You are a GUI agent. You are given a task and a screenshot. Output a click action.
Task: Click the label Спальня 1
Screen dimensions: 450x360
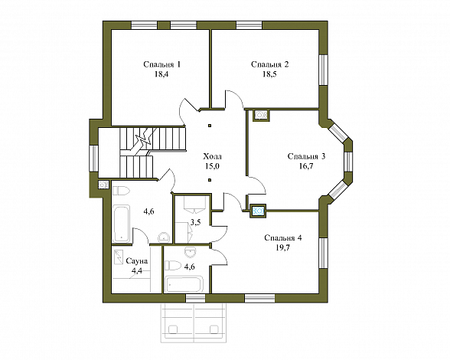click(162, 64)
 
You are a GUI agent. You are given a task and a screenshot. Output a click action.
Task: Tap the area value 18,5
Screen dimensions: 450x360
click(269, 74)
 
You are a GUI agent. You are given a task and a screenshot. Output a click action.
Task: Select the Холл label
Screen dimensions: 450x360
click(213, 156)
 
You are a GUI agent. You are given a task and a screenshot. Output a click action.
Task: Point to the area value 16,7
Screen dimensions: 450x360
click(306, 166)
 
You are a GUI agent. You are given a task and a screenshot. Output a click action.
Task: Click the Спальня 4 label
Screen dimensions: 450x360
click(283, 238)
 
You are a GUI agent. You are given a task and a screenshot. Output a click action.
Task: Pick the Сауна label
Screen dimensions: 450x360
click(137, 261)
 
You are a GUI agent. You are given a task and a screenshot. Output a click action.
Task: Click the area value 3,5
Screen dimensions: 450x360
click(195, 222)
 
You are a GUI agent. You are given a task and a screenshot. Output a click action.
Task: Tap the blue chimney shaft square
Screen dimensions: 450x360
click(259, 211)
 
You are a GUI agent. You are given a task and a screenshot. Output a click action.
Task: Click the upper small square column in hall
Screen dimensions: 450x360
click(210, 126)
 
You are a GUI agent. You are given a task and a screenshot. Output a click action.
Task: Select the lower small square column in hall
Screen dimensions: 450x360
click(210, 180)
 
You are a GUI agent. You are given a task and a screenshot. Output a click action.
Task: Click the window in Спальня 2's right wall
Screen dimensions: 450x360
click(324, 70)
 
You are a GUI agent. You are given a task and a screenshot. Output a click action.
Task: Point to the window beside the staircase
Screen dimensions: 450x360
click(93, 159)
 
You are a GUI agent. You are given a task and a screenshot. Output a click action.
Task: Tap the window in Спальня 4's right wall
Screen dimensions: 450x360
click(324, 253)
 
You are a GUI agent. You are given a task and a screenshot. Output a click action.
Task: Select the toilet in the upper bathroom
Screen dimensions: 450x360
click(121, 191)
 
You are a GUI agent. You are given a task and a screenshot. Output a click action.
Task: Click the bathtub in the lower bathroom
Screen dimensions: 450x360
click(184, 284)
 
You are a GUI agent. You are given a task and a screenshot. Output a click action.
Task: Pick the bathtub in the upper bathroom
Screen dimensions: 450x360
click(121, 224)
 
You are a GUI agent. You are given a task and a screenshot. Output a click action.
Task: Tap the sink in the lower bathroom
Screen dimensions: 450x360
click(190, 252)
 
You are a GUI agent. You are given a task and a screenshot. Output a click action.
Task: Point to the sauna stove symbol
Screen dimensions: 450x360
click(119, 257)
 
